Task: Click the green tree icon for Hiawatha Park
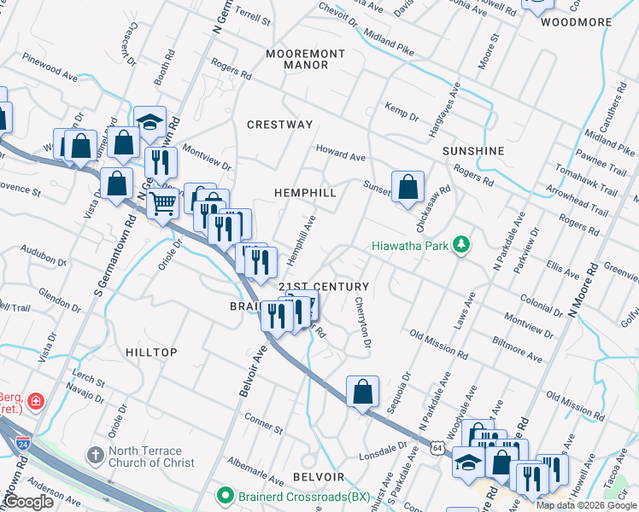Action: pos(461,246)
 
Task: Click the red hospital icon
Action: pos(35,400)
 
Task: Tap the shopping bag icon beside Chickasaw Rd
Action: pos(408,186)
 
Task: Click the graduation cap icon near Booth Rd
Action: pos(149,121)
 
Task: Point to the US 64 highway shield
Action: pos(438,447)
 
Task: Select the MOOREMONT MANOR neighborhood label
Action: pos(305,59)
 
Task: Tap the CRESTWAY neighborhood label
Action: pos(279,125)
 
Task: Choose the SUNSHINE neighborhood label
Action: pos(473,151)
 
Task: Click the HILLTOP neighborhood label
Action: pos(151,352)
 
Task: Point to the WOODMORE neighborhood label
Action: pos(577,22)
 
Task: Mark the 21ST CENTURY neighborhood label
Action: pos(324,287)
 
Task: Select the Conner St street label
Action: pos(263,422)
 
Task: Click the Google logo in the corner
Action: pos(29,502)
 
